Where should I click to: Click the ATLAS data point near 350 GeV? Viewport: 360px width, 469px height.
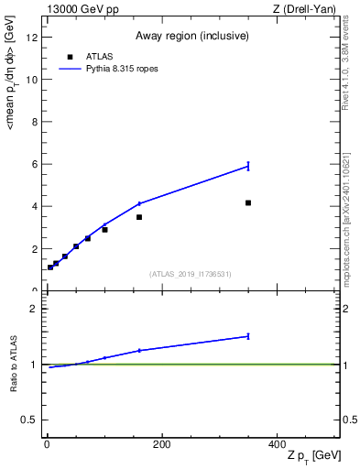248,202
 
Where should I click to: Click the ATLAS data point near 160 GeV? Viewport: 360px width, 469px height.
139,217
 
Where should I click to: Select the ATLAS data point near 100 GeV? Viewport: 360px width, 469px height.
104,229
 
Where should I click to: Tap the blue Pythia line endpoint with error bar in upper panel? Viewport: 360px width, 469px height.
248,166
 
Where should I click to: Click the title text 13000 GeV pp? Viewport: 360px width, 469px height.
81,8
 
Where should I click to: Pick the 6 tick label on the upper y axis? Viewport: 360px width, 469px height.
35,164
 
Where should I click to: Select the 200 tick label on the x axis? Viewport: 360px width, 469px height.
161,444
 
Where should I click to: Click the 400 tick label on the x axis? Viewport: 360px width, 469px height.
277,444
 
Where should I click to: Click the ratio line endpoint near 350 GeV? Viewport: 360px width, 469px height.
248,336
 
